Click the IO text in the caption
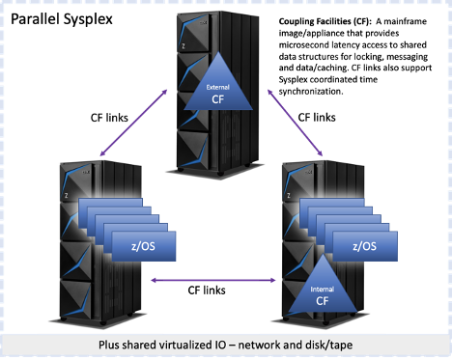tap(228, 346)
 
